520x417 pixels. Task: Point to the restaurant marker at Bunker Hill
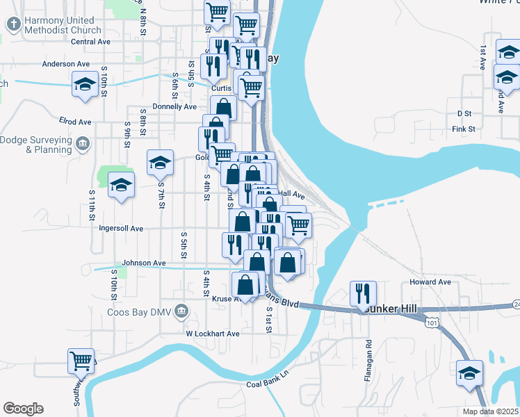pos(364,293)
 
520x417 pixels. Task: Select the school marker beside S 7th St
pos(160,164)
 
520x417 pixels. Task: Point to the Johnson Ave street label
pos(144,263)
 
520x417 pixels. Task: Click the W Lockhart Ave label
pos(212,334)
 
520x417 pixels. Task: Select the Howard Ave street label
pos(430,282)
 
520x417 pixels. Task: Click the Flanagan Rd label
pos(369,354)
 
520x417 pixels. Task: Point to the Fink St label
pos(463,129)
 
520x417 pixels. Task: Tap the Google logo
pos(23,409)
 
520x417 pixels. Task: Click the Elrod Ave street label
pos(75,122)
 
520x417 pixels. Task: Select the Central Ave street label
pos(91,42)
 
